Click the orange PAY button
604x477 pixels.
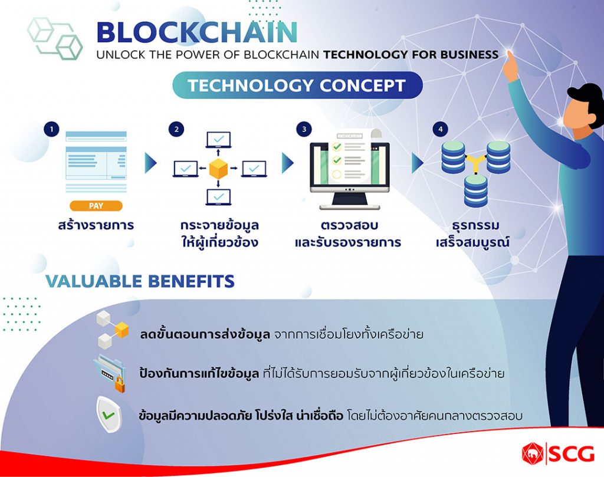coord(96,206)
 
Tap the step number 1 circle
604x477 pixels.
coord(52,129)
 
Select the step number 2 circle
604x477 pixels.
coord(176,129)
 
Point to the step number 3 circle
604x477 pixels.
coord(304,129)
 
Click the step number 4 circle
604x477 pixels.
coord(440,129)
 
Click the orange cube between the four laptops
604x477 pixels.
coord(218,169)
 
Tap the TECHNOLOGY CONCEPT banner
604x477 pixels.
coord(297,85)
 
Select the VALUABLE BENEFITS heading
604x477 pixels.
coord(140,281)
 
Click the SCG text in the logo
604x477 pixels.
coord(571,454)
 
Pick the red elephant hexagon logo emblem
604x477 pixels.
coord(533,453)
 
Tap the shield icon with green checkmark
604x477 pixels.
coord(109,415)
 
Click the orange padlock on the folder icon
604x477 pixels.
coord(120,384)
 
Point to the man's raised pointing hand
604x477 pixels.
coord(511,65)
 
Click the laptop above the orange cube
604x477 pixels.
coord(218,140)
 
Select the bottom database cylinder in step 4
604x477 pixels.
coord(476,191)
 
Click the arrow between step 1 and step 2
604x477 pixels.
coord(150,163)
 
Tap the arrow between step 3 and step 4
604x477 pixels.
coord(418,163)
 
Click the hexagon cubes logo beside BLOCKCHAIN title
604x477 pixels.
coord(55,38)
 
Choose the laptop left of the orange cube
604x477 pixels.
coord(185,169)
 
